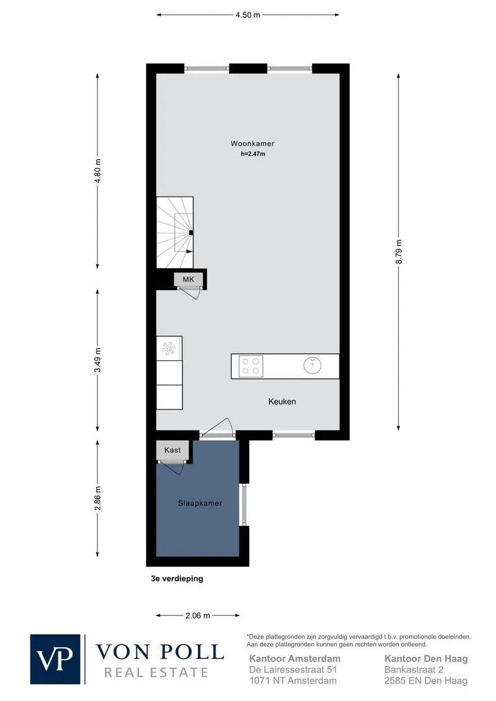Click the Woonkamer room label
(x=253, y=143)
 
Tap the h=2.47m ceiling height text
(x=253, y=154)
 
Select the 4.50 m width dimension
(x=248, y=15)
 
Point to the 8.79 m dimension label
(x=399, y=252)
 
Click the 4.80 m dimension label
(x=98, y=170)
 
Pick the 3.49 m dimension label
(x=98, y=360)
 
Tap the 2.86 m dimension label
(x=98, y=498)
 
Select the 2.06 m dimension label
(x=197, y=615)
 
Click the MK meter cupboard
(x=189, y=280)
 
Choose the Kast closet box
(x=173, y=450)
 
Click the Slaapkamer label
(x=200, y=503)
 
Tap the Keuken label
(x=282, y=402)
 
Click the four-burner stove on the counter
(x=251, y=366)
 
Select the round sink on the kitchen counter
(x=313, y=365)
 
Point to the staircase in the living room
(x=175, y=232)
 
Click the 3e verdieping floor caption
(x=177, y=578)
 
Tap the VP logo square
(x=55, y=659)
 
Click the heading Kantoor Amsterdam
(x=295, y=659)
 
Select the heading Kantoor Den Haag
(x=427, y=659)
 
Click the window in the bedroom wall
(x=243, y=504)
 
